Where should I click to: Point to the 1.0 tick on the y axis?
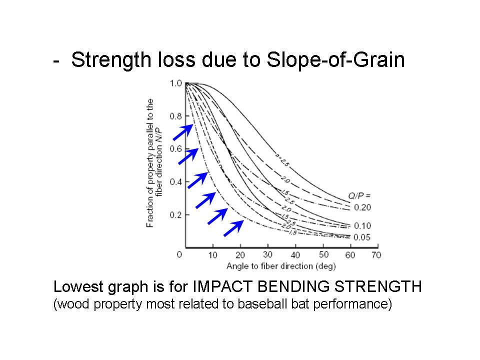pyautogui.click(x=175, y=83)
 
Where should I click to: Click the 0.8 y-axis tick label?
pyautogui.click(x=175, y=116)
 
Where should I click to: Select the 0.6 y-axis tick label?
pyautogui.click(x=175, y=149)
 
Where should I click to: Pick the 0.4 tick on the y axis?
pyautogui.click(x=175, y=182)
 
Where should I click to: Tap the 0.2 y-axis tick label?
pyautogui.click(x=175, y=215)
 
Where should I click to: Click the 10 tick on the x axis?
pyautogui.click(x=213, y=254)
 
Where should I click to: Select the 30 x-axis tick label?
pyautogui.click(x=268, y=254)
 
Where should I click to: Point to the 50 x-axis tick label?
pyautogui.click(x=324, y=254)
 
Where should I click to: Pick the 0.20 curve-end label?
pyautogui.click(x=362, y=207)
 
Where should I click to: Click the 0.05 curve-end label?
pyautogui.click(x=362, y=237)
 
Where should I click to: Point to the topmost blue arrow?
pyautogui.click(x=182, y=131)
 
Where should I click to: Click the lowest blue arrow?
pyautogui.click(x=233, y=227)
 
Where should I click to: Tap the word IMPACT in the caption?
pyautogui.click(x=221, y=287)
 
